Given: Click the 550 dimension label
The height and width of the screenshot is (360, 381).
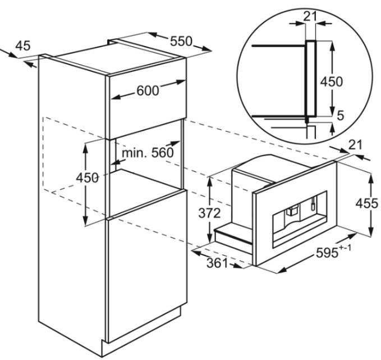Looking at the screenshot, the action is tap(181, 42).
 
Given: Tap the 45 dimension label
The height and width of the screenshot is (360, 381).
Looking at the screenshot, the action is tap(22, 45).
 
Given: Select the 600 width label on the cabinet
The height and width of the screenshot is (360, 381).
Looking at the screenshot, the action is tap(148, 91).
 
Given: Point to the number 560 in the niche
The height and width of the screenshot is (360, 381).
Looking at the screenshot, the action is tap(163, 153).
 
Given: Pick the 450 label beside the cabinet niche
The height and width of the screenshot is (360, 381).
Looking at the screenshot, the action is tap(87, 178).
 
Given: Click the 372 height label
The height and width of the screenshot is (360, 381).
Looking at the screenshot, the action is tap(209, 213).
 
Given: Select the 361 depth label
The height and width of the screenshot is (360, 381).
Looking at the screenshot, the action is tap(218, 263).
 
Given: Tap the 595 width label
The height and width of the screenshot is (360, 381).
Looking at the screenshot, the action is tap(327, 253).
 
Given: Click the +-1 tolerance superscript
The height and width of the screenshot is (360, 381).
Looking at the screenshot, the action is tap(345, 248).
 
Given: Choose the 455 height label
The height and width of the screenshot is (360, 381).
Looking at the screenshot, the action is tap(367, 203).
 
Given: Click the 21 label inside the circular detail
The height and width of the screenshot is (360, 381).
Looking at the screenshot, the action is tap(310, 16).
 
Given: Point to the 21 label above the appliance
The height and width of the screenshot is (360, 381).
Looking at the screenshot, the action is tap(356, 145).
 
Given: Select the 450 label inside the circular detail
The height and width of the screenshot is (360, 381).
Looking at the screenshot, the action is tap(332, 81).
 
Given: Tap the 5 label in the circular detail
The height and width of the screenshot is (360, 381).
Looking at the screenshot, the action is tap(341, 116).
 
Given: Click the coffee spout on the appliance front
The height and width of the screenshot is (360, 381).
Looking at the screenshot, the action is tap(291, 211).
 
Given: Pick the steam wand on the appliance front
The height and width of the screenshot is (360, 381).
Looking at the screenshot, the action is tap(313, 203).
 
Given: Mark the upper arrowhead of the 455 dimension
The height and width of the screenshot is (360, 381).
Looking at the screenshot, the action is tap(371, 177).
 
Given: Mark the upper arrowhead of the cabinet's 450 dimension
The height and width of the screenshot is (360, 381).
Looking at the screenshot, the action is tap(85, 147).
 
